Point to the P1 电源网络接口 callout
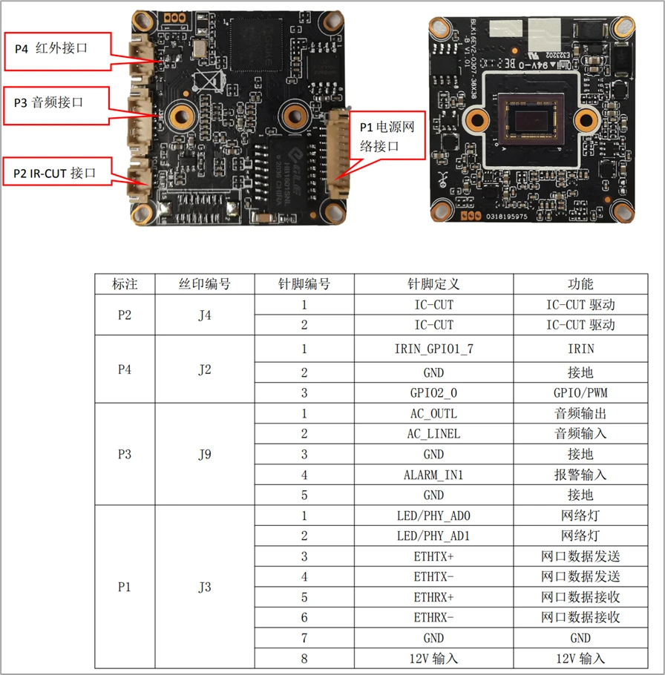point(387,136)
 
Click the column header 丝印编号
point(204,284)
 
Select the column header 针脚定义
point(433,284)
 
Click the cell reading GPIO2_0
point(433,392)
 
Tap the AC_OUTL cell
point(433,414)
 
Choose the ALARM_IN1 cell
point(433,475)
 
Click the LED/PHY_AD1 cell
point(433,536)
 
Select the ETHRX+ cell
point(433,596)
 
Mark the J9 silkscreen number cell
point(204,454)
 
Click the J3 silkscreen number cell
point(204,587)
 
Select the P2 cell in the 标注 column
point(125,315)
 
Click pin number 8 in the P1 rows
point(304,657)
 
